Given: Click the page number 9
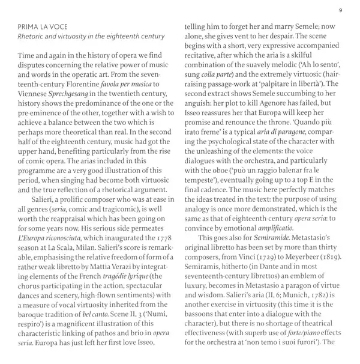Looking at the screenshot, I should [341, 10].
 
